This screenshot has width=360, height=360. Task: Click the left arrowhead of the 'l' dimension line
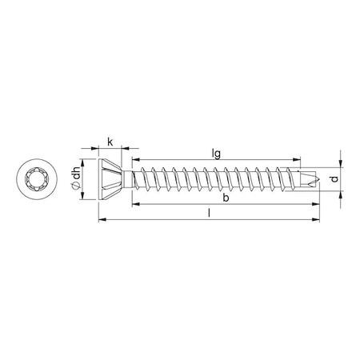pos(101,221)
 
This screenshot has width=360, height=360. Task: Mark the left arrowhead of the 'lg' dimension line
pos(134,160)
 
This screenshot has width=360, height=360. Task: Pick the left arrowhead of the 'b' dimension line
pos(134,205)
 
